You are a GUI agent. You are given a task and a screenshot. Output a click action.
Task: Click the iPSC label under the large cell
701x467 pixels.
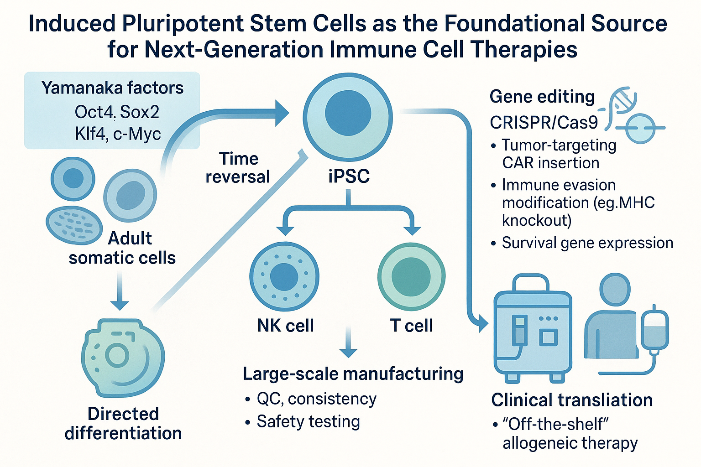click(x=349, y=176)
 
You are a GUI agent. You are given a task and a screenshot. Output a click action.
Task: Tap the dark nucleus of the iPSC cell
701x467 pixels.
click(x=348, y=112)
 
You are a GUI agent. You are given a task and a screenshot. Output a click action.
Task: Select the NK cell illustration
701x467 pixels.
click(x=284, y=276)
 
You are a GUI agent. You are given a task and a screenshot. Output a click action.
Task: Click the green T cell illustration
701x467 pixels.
click(x=411, y=276)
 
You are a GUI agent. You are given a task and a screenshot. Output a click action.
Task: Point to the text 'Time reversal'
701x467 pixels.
click(x=238, y=167)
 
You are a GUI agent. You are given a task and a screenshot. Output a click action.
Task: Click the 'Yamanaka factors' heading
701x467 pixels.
click(x=112, y=88)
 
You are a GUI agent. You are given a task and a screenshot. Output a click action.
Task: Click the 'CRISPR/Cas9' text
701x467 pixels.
click(x=543, y=123)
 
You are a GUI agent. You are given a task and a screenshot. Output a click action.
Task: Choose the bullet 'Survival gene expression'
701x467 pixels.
click(x=587, y=243)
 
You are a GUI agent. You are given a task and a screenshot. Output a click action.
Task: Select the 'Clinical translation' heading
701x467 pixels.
click(x=572, y=400)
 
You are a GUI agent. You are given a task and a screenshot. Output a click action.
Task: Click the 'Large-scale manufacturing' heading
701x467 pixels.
click(x=353, y=374)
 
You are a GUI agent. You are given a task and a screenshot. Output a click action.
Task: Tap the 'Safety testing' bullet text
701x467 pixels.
click(x=308, y=421)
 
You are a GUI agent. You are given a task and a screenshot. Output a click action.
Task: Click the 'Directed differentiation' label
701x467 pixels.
click(x=123, y=423)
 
